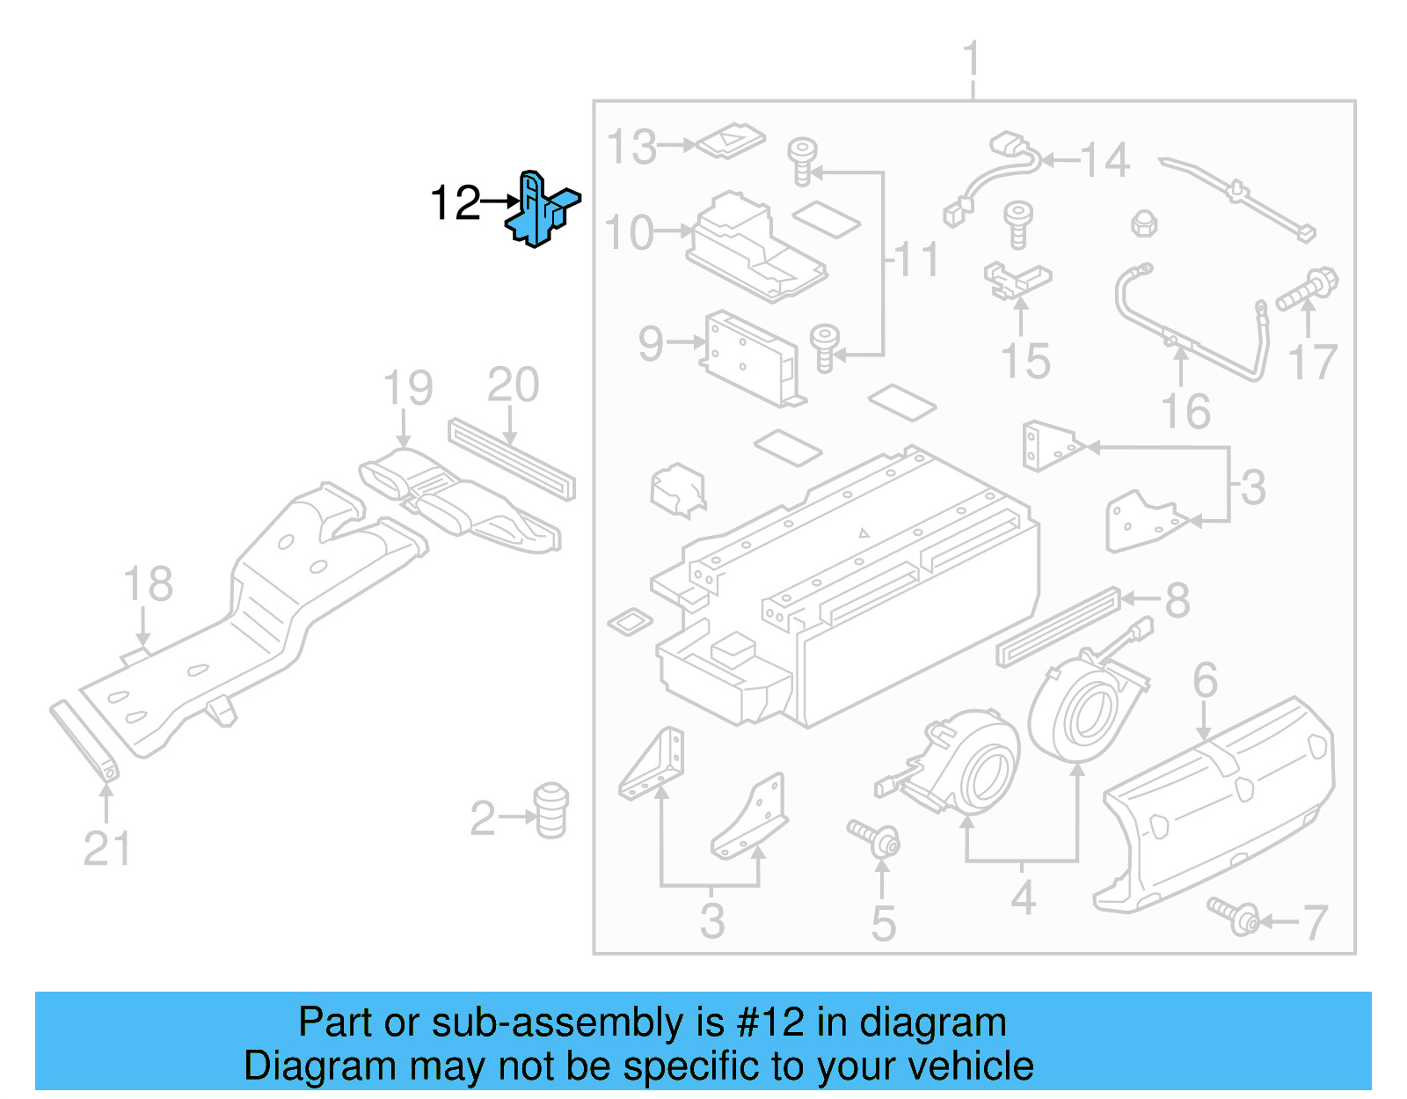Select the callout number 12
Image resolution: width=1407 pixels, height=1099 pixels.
click(456, 203)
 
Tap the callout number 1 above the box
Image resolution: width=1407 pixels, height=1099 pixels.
click(971, 60)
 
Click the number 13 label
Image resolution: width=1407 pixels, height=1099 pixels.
click(631, 147)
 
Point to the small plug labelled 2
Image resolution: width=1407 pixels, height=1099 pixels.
click(551, 810)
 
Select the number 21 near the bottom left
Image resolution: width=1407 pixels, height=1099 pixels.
click(106, 849)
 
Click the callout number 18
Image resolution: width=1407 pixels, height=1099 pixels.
click(148, 584)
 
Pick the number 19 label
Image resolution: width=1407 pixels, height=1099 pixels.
click(408, 388)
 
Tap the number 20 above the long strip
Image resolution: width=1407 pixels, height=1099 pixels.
click(513, 385)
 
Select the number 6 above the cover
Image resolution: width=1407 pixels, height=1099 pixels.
click(1205, 680)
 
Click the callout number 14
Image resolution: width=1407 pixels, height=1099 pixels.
click(1104, 160)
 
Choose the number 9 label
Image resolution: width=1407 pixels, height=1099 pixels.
click(650, 343)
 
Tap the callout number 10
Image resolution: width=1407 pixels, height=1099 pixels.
click(630, 233)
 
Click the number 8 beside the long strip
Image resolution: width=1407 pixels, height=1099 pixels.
click(1177, 601)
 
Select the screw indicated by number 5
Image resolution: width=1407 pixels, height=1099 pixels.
click(874, 839)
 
